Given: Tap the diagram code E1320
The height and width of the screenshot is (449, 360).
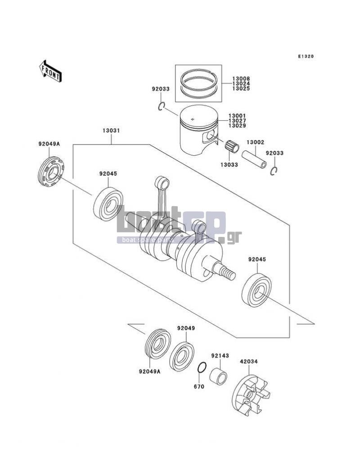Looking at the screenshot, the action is tap(306, 56).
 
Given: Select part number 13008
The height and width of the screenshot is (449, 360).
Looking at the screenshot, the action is tap(241, 78).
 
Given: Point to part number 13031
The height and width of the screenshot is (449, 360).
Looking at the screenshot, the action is tap(111, 131).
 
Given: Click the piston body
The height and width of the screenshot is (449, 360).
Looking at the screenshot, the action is tap(198, 130).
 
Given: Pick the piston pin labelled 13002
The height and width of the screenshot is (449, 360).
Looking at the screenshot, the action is tap(254, 160).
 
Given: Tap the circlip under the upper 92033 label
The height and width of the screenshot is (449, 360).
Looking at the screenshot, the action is tap(162, 107).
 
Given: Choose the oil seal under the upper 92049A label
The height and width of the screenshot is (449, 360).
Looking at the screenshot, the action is tap(51, 172).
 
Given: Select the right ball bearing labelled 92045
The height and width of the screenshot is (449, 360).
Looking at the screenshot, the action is tap(256, 290).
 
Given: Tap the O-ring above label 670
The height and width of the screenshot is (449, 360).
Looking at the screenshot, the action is tap(202, 367).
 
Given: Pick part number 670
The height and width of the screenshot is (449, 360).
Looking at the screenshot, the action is tap(199, 386).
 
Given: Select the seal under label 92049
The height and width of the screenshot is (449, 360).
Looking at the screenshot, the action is tap(182, 356).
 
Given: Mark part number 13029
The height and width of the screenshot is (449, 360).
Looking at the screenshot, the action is tap(237, 125).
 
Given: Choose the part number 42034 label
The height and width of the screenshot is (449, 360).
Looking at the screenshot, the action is tap(249, 362).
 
